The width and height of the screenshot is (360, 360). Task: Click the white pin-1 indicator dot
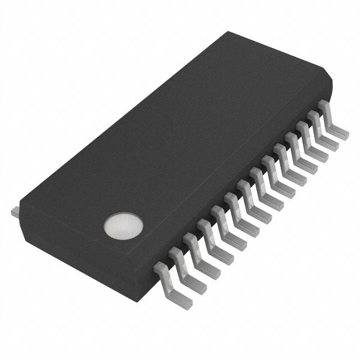pos(123,224)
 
